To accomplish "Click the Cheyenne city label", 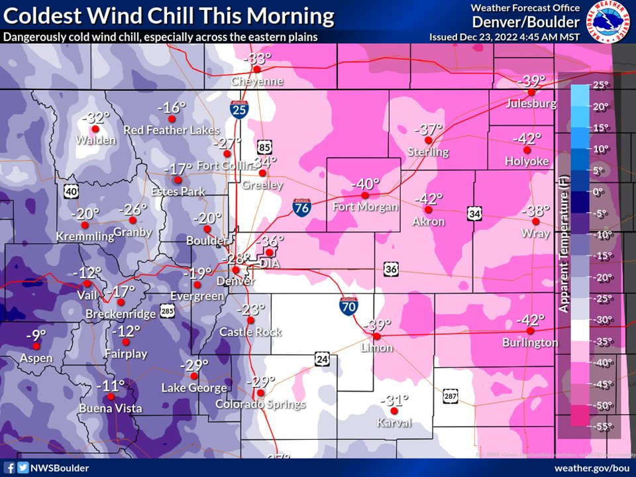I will pyautogui.click(x=257, y=81).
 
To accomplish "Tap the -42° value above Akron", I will pyautogui.click(x=429, y=199).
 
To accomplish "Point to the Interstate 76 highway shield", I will pyautogui.click(x=301, y=208).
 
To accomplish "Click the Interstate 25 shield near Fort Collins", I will pyautogui.click(x=239, y=109).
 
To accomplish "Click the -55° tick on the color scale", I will pyautogui.click(x=599, y=427).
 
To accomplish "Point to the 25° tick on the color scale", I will pyautogui.click(x=600, y=85).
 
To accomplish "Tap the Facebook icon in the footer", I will pyautogui.click(x=10, y=468).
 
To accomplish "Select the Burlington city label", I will pyautogui.click(x=530, y=343).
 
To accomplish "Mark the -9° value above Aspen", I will pyautogui.click(x=36, y=335).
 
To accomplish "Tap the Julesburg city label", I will pyautogui.click(x=531, y=104).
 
